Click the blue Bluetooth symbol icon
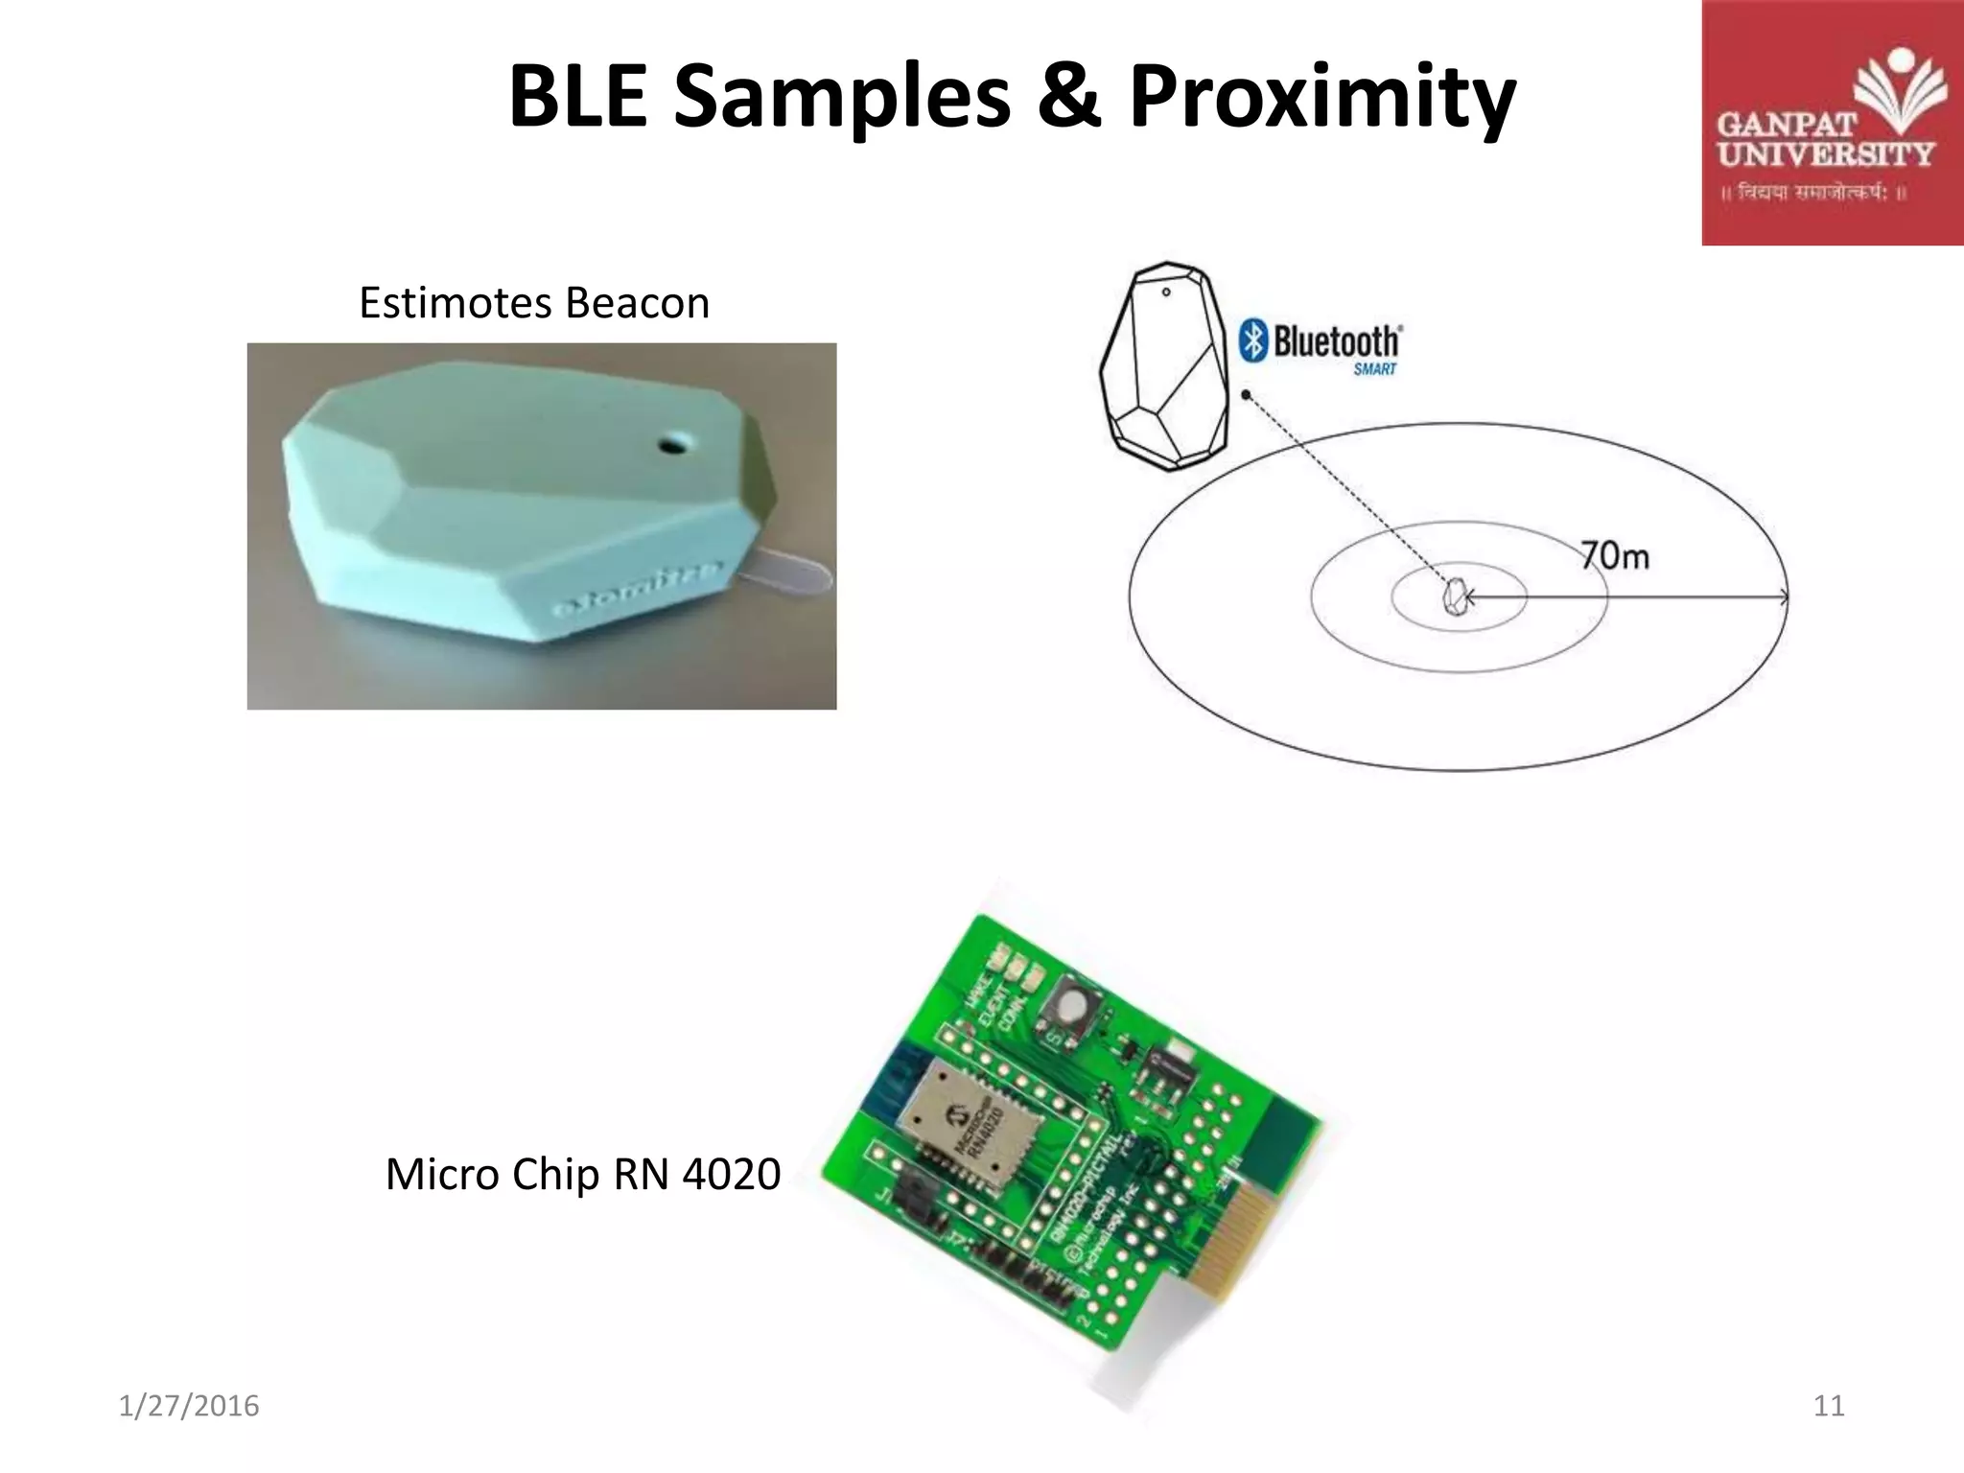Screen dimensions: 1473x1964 (1252, 340)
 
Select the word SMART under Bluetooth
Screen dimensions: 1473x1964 (1374, 369)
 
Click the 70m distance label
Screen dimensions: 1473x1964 (1615, 555)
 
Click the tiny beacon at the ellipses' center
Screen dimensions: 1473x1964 (1455, 597)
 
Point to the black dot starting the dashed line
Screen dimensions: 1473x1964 (1246, 394)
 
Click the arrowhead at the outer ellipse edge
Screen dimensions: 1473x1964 (1782, 597)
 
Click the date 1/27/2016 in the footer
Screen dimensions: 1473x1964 (189, 1406)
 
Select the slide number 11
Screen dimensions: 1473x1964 (1829, 1406)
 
